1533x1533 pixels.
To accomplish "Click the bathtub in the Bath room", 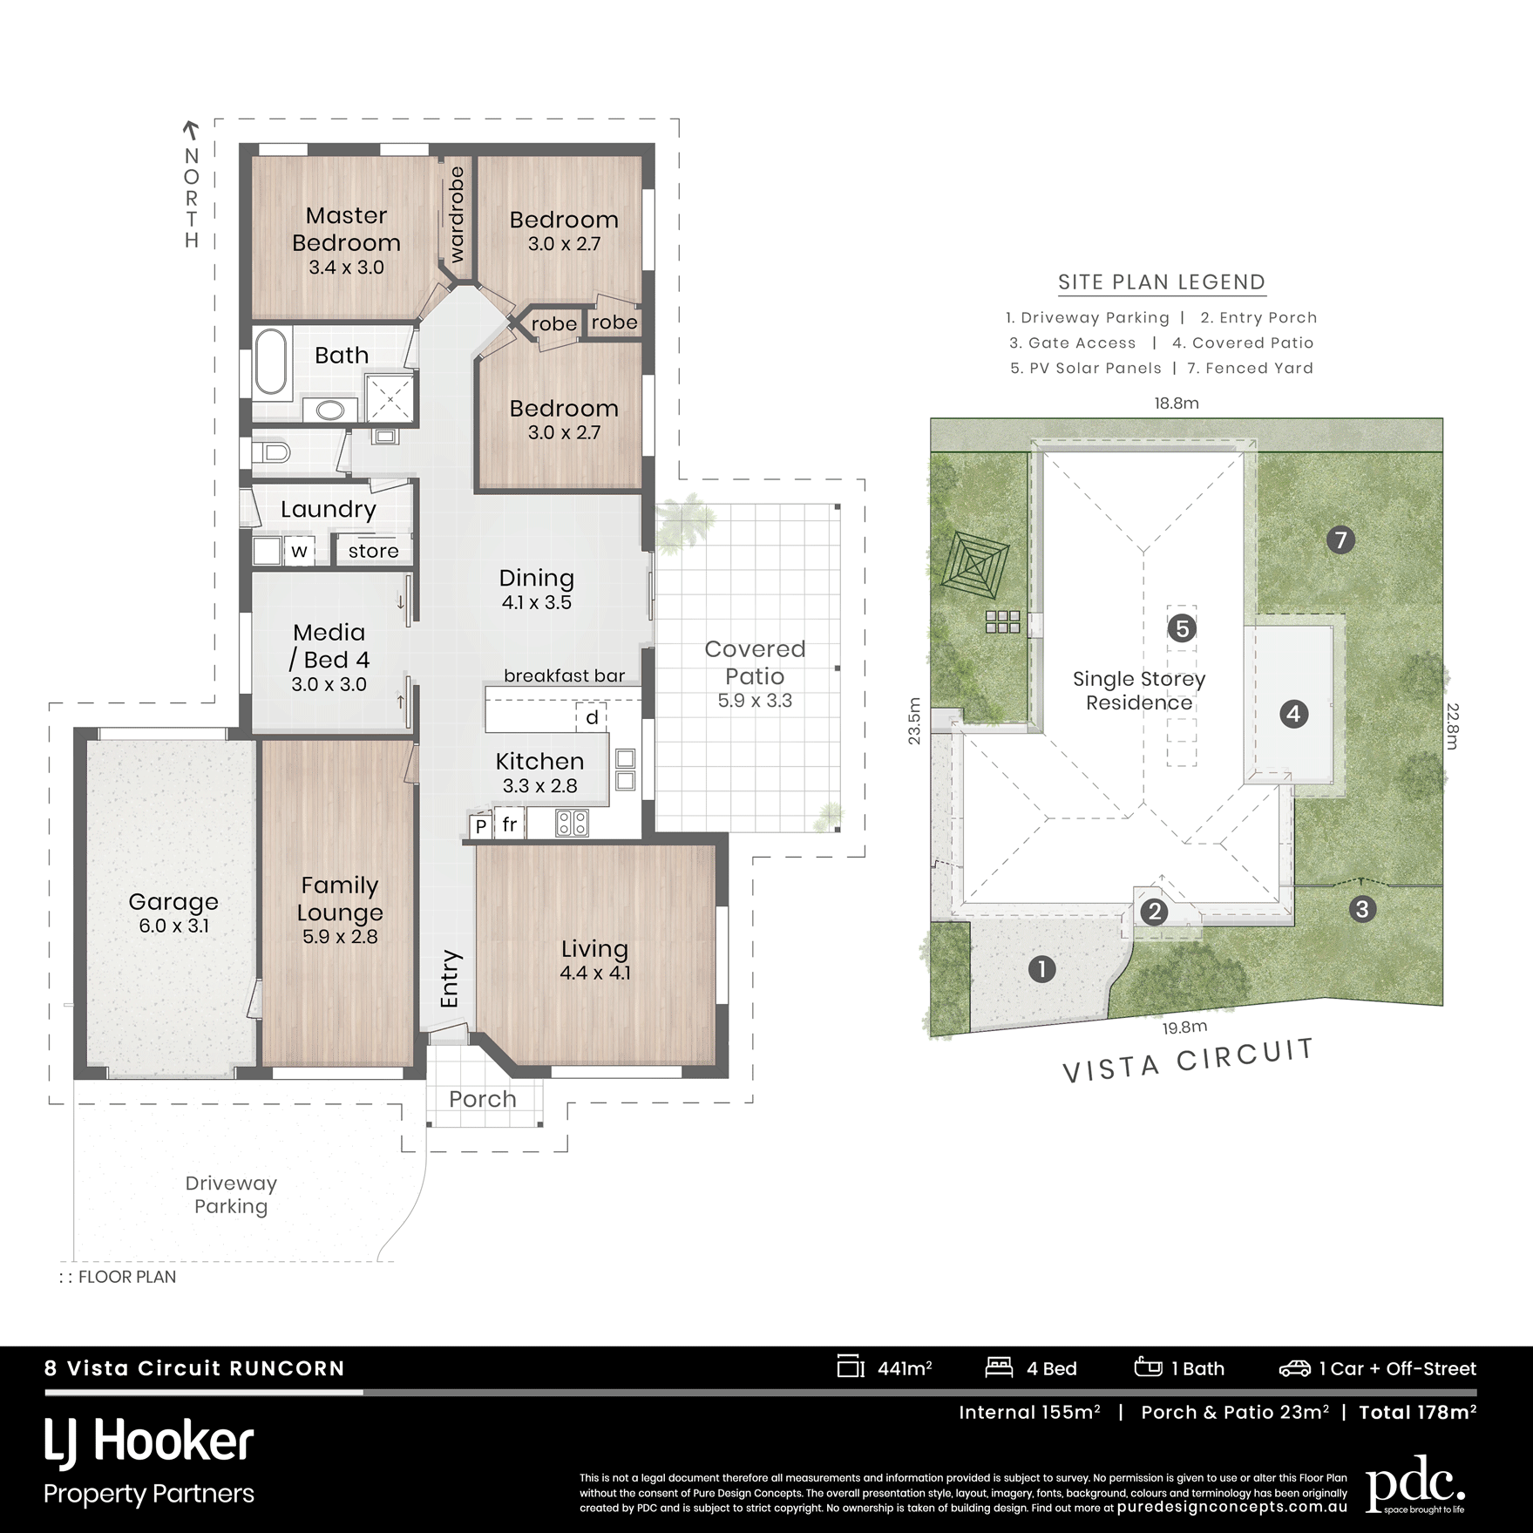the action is point(271,361).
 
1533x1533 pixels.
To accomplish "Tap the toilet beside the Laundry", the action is point(273,451).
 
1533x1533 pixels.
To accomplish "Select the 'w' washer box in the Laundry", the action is point(299,551).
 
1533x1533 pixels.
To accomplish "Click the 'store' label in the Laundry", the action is point(373,551).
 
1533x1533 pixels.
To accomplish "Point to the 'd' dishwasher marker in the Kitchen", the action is point(592,717).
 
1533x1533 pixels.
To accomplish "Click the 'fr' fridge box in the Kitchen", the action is point(509,824).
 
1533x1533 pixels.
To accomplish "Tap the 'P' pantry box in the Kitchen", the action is point(480,825).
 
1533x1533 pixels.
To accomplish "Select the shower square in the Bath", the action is point(390,398).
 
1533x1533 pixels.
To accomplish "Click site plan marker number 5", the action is point(1182,627).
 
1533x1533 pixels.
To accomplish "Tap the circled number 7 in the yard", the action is point(1340,540).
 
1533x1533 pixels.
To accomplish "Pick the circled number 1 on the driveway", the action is point(1042,968).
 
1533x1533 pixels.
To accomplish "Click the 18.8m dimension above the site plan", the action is point(1177,403).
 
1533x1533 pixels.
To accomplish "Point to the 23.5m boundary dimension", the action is point(913,720).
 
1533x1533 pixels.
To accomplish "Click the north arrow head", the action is point(190,128).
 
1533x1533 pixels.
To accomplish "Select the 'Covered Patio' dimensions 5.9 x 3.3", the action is point(755,701).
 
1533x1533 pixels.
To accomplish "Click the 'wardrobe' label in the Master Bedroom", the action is point(456,214).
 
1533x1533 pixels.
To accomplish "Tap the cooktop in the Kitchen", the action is point(573,823).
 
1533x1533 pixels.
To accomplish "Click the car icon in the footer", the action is point(1294,1368).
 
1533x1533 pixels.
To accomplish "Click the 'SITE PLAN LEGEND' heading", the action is point(1162,282).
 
